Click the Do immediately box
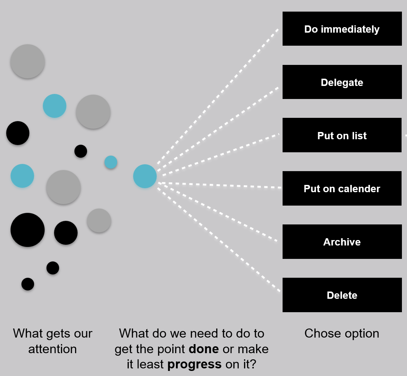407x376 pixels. coord(342,29)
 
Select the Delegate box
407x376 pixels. coord(342,82)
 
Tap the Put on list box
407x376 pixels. coord(342,136)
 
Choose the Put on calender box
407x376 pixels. coord(342,189)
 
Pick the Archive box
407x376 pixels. coord(342,242)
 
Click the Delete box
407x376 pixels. coord(342,295)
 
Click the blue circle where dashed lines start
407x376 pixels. coord(145,176)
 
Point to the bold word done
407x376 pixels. coord(203,349)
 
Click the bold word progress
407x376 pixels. coord(194,364)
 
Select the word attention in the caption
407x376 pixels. coord(53,349)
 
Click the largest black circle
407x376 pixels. coord(28,230)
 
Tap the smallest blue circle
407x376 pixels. coord(111,162)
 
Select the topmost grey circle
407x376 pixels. coord(28,61)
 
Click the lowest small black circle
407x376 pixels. coord(28,284)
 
